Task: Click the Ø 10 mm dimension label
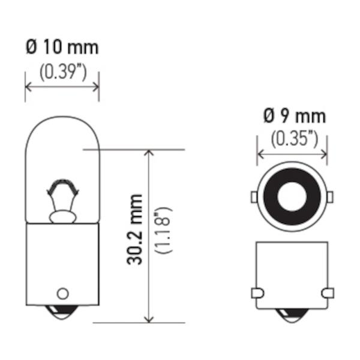pos(62,47)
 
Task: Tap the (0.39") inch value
pos(63,73)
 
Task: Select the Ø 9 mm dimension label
pos(295,116)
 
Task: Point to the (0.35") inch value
pos(295,139)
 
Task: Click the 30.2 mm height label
pos(134,230)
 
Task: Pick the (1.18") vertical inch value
pos(163,230)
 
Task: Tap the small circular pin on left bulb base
pos(62,293)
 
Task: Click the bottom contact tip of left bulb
pos(62,313)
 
